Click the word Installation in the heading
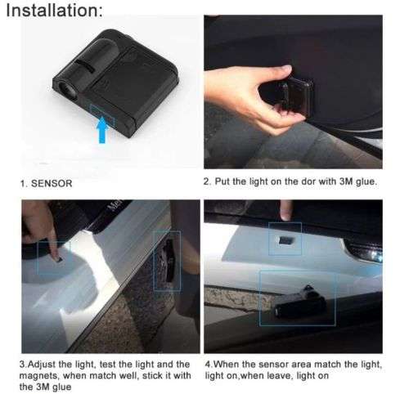(51, 11)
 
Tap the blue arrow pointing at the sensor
(103, 129)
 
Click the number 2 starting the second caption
(206, 181)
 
